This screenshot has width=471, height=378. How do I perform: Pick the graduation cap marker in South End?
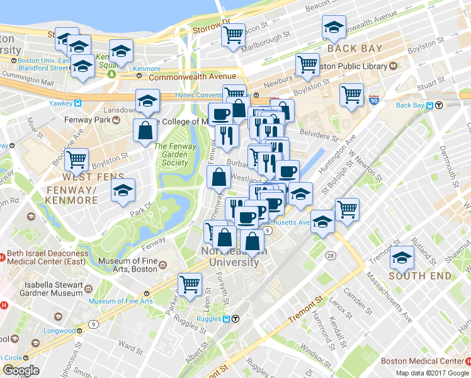[401, 257]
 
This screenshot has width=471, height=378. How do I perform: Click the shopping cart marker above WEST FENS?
[76, 159]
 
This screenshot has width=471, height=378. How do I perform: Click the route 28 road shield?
[331, 255]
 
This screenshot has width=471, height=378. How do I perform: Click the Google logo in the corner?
[21, 370]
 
